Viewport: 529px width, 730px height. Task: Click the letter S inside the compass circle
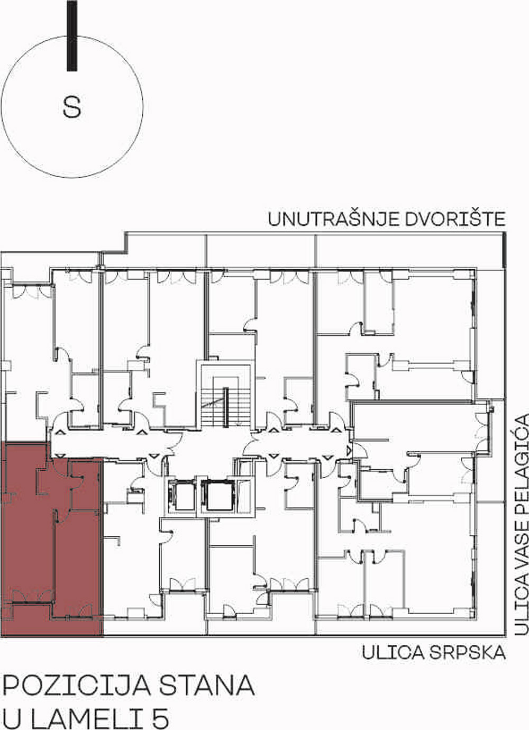click(72, 107)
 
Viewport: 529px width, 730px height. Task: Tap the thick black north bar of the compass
click(72, 35)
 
